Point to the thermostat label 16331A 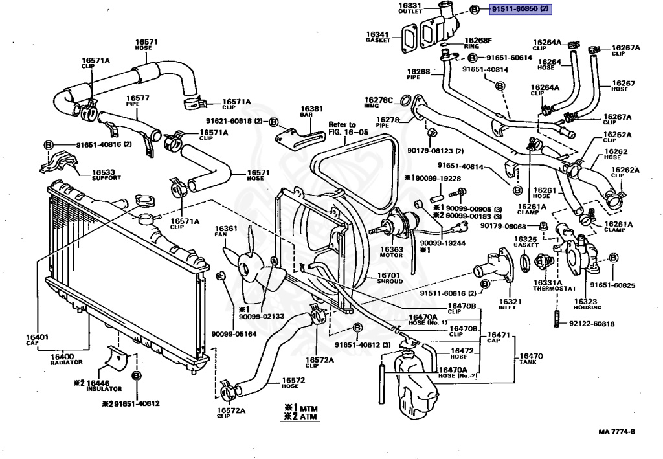[x=549, y=285]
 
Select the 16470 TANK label [x=531, y=359]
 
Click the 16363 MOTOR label [x=392, y=252]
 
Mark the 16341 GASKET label [x=377, y=37]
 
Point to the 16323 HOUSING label [x=587, y=305]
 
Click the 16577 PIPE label [x=138, y=100]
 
